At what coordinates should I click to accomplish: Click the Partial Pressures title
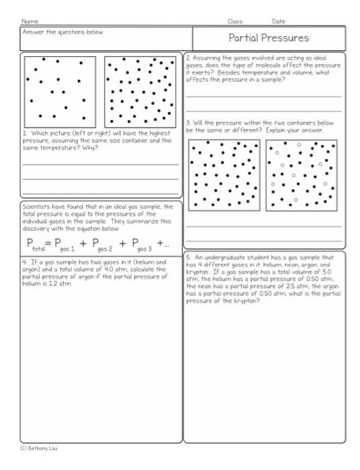(x=269, y=38)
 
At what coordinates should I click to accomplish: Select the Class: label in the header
(x=235, y=21)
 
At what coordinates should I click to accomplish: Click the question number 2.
(x=188, y=58)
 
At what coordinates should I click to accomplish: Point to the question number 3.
(x=188, y=123)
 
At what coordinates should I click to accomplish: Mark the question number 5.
(x=189, y=256)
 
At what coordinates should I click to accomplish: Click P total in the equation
(x=35, y=244)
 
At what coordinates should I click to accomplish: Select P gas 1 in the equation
(x=66, y=244)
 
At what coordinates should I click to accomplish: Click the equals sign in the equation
(x=49, y=242)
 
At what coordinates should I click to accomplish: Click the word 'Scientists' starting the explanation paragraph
(x=36, y=207)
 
